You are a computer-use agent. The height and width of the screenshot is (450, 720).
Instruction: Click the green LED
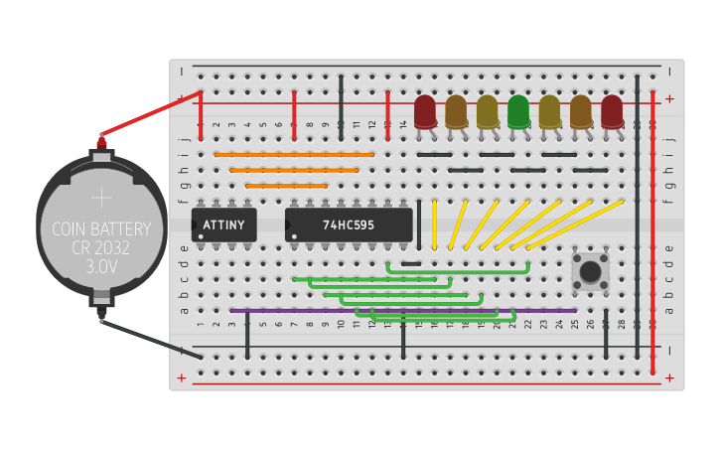pyautogui.click(x=517, y=111)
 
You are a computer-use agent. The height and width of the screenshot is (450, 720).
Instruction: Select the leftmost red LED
pyautogui.click(x=425, y=111)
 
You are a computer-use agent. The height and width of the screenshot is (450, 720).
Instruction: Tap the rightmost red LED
pyautogui.click(x=611, y=111)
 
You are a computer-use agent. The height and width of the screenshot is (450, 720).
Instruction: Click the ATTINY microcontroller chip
pyautogui.click(x=223, y=225)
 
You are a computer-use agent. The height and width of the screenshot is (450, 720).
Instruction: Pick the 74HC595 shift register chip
pyautogui.click(x=349, y=225)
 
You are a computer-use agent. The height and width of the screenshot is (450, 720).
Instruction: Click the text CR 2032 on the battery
pyautogui.click(x=101, y=248)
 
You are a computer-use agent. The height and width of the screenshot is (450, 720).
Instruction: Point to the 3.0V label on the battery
pyautogui.click(x=101, y=267)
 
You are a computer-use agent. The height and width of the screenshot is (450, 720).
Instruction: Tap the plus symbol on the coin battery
pyautogui.click(x=101, y=198)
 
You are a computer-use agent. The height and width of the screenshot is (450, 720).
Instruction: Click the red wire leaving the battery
pyautogui.click(x=149, y=114)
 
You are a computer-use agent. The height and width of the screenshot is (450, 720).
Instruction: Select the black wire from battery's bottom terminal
pyautogui.click(x=149, y=338)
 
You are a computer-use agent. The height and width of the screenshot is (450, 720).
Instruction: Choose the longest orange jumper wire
pyautogui.click(x=294, y=154)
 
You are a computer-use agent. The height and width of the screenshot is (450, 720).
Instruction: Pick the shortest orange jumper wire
pyautogui.click(x=286, y=186)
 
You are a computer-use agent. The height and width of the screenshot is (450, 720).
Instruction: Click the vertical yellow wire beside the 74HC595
pyautogui.click(x=434, y=225)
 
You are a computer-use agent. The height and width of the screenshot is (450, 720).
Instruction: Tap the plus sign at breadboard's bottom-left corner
pyautogui.click(x=181, y=378)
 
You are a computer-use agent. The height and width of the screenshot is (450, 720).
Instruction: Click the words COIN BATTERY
pyautogui.click(x=101, y=229)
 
